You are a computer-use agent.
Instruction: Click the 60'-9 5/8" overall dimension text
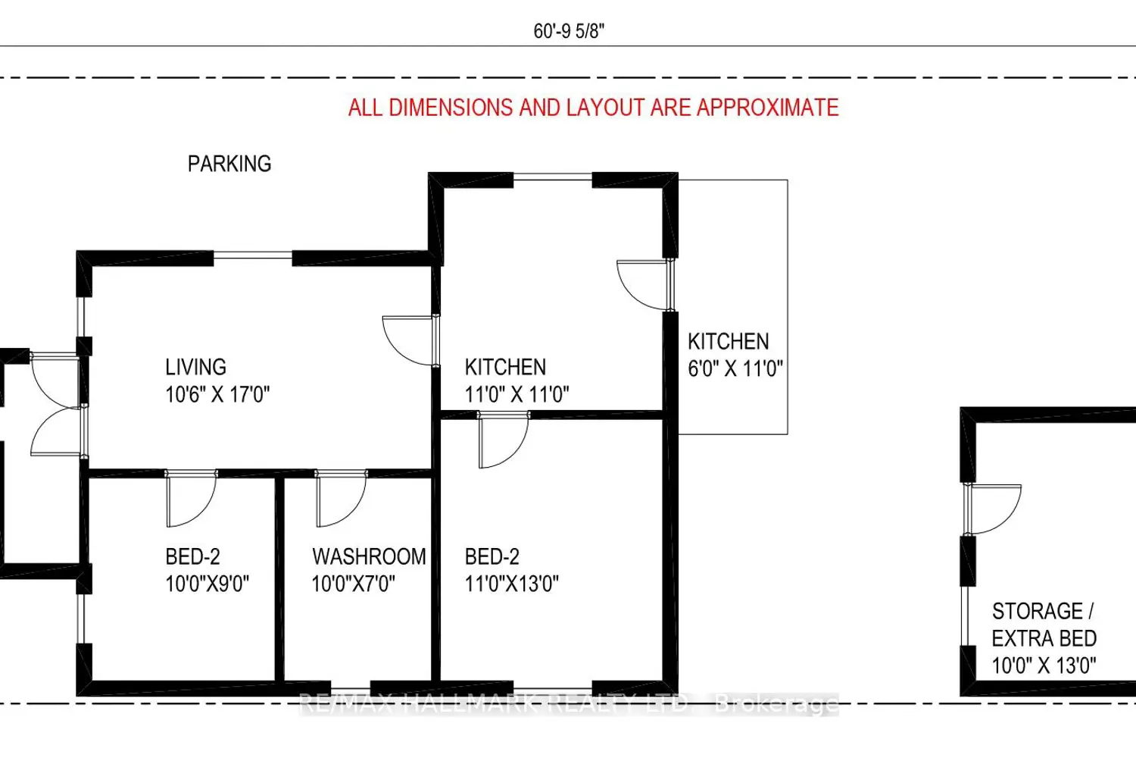click(569, 31)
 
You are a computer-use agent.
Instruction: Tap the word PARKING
click(229, 164)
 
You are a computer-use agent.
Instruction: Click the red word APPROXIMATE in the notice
click(768, 108)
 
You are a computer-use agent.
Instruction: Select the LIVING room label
click(195, 367)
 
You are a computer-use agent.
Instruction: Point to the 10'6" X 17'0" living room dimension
click(217, 394)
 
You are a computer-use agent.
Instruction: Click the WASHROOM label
click(370, 557)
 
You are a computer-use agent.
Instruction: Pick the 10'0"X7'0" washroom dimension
click(353, 584)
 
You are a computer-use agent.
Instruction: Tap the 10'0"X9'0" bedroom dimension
click(208, 584)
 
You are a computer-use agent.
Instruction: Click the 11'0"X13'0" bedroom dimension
click(512, 584)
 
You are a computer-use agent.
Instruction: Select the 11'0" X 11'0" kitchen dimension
click(517, 394)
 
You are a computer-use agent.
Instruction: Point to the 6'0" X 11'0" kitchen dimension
click(735, 368)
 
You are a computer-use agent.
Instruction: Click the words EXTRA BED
click(1044, 638)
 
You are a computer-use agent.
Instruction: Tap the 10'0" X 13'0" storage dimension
click(1044, 666)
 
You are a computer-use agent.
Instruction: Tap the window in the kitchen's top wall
click(553, 177)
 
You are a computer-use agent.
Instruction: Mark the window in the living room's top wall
click(252, 255)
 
